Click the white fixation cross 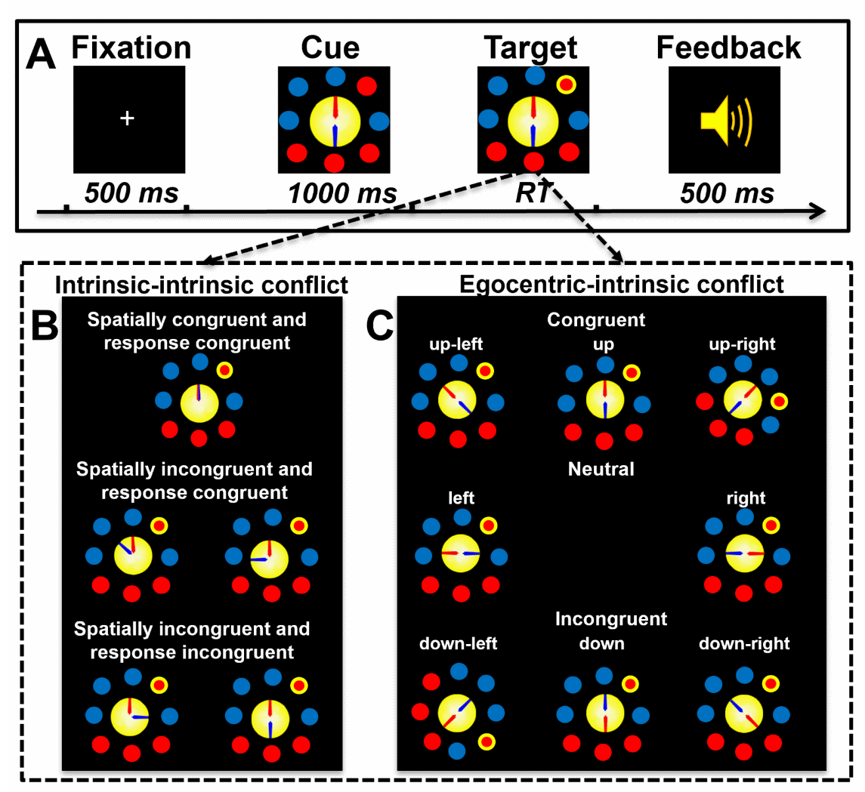click(x=128, y=119)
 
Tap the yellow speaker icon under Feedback click(x=724, y=119)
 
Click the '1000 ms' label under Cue click(x=342, y=194)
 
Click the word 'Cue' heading click(x=330, y=48)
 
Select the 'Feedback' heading click(x=728, y=48)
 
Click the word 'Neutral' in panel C click(x=601, y=470)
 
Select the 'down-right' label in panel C click(x=744, y=644)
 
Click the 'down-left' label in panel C click(x=459, y=644)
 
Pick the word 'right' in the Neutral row click(x=745, y=498)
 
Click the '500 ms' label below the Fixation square click(x=131, y=194)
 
